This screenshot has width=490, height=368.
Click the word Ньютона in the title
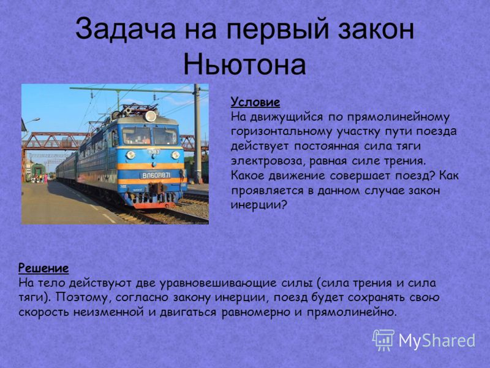click(244, 64)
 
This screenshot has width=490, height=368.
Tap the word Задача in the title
click(126, 29)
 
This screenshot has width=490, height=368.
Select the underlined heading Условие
click(255, 102)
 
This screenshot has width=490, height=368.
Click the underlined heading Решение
click(43, 268)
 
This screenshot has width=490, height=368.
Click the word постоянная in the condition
click(326, 147)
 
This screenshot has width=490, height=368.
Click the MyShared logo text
click(437, 340)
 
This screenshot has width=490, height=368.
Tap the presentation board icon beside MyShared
click(383, 340)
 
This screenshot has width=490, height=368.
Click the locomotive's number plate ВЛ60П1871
click(156, 175)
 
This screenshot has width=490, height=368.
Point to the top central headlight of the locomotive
click(150, 116)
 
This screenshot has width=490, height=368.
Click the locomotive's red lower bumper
click(154, 205)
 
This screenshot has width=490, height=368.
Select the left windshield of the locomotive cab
click(136, 136)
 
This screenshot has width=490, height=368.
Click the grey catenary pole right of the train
click(197, 134)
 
